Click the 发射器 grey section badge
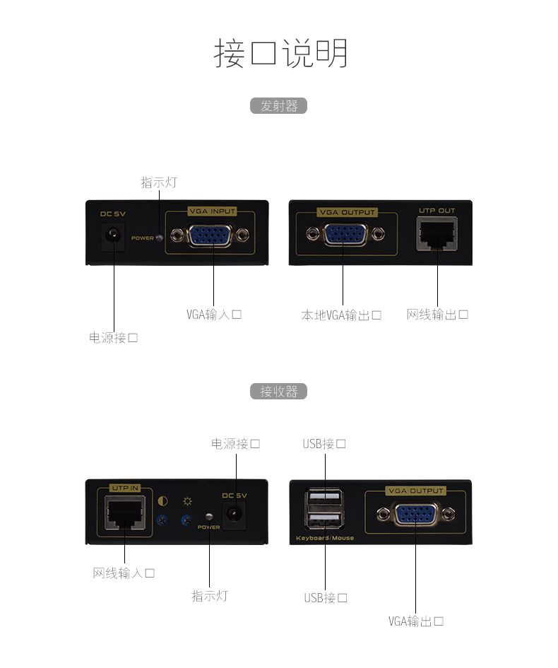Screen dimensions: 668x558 pos(279,106)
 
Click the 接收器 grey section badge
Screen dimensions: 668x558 pos(279,392)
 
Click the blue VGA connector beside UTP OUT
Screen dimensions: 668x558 pos(345,234)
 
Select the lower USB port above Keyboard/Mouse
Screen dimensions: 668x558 pos(325,522)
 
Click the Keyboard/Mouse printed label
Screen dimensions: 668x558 pos(325,539)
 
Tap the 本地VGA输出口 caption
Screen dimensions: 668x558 pos(342,315)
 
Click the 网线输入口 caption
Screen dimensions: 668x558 pos(124,573)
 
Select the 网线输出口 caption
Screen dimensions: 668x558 pos(437,315)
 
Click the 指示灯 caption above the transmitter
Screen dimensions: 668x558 pos(158,182)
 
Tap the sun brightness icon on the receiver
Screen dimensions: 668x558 pos(187,502)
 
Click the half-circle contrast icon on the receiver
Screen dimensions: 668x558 pos(162,502)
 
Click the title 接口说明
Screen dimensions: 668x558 pos(280,54)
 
